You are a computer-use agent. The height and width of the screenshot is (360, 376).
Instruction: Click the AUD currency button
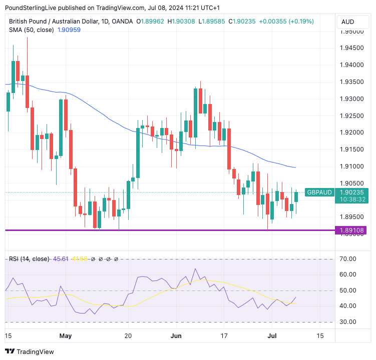(x=347, y=21)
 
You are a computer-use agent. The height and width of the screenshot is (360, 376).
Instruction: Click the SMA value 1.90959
(x=69, y=29)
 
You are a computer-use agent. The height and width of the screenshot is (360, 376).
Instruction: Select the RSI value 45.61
(x=61, y=258)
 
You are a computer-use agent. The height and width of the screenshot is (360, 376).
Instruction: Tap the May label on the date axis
(x=66, y=335)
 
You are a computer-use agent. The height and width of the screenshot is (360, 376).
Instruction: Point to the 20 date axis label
(x=128, y=335)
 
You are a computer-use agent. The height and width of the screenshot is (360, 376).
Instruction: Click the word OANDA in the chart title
(x=122, y=21)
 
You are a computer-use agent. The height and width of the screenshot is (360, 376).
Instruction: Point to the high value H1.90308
(x=183, y=21)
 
